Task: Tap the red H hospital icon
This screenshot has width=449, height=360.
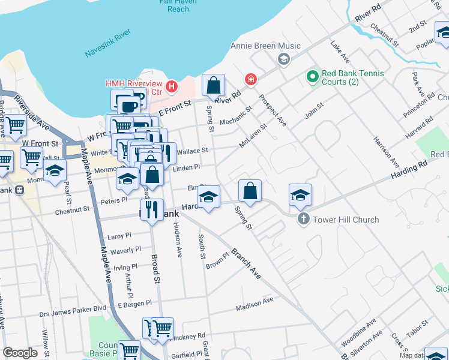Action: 172,87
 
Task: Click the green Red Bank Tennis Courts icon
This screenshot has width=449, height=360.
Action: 312,76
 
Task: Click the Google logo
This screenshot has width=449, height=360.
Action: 20,353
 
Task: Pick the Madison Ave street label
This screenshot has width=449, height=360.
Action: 255,303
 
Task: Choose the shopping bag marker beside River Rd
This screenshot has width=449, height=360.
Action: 213,86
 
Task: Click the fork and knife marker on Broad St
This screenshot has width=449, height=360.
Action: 151,211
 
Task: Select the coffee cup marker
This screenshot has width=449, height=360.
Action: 128,106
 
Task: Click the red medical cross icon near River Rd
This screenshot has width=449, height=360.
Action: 250,79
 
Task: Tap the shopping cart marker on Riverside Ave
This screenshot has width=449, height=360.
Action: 16,124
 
